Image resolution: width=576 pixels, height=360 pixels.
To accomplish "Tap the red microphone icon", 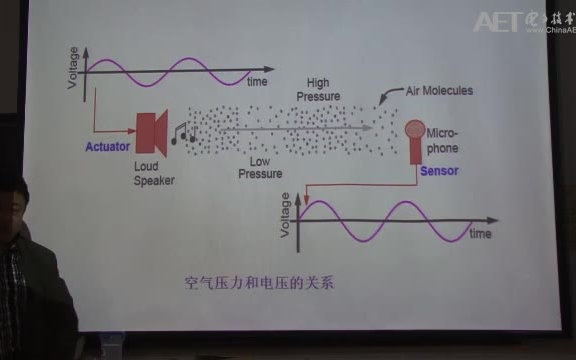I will [413, 136].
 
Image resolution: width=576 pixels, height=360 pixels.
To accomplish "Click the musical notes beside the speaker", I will [180, 133].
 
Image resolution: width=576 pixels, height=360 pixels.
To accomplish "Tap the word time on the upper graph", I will [257, 80].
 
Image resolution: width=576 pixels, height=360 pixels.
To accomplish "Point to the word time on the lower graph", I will [480, 234].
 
